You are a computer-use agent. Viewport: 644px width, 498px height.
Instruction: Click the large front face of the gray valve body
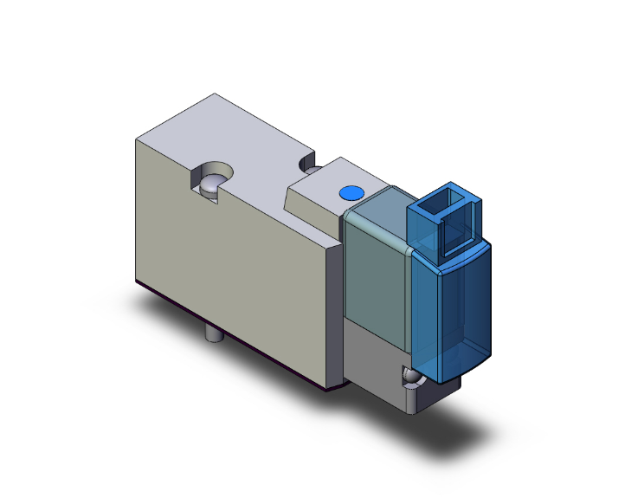(225, 260)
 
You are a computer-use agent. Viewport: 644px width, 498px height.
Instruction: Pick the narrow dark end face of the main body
(333, 320)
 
